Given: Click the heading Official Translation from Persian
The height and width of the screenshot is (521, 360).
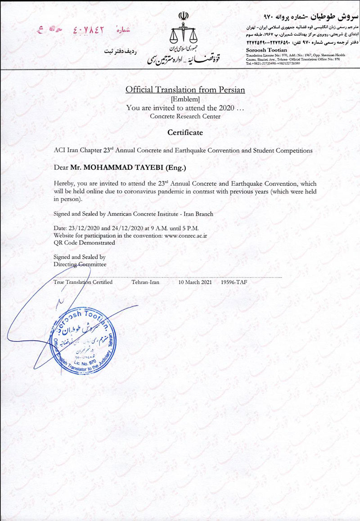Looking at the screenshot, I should [185, 90].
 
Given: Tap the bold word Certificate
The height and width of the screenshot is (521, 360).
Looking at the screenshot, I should [185, 133].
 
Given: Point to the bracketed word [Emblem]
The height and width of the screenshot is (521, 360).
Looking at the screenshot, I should [185, 99].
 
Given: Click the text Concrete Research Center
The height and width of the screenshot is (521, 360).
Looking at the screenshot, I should [185, 116].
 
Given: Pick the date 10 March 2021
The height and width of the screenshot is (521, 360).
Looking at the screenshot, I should [195, 282].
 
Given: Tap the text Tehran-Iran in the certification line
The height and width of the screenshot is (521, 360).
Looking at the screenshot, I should [146, 282].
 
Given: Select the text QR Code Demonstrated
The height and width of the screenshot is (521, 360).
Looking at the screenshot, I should [84, 242].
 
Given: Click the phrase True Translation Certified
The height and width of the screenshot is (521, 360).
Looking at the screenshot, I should [83, 282].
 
